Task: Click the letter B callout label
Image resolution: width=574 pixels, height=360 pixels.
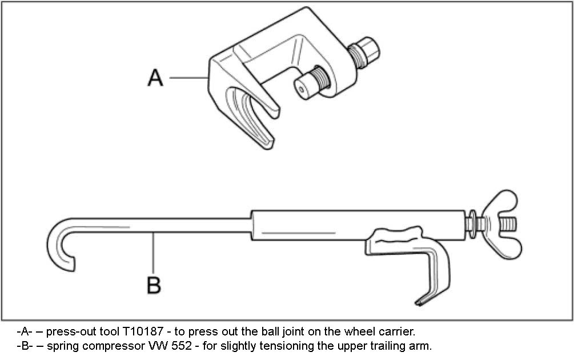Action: [x=154, y=284]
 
